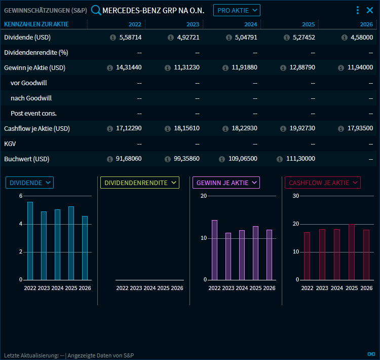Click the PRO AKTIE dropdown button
pos(236,10)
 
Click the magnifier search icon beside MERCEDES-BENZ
pos(96,10)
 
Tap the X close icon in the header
pos(370,10)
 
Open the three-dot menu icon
pos(358,10)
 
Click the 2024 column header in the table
pos(250,24)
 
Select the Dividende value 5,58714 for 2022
pos(130,38)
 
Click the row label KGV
pos(10,144)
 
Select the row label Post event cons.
pos(33,114)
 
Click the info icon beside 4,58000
pos(345,38)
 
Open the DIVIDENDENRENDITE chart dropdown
pos(139,183)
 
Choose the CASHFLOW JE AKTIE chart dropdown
pos(322,183)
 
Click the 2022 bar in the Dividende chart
pos(30,241)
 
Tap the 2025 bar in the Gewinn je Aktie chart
pos(256,253)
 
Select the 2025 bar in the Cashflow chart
pos(352,252)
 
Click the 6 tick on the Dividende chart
pos(21,196)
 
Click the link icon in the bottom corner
pos(370,353)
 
